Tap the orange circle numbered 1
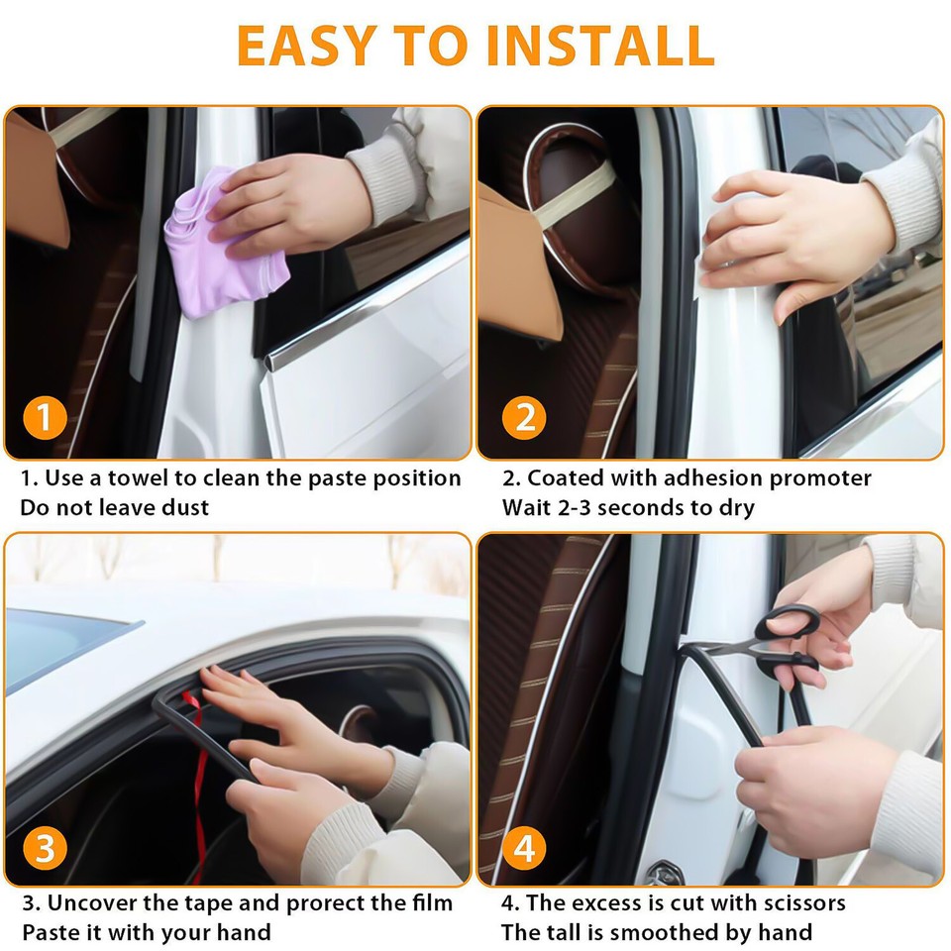pos(46,418)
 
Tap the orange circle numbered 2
pos(523,418)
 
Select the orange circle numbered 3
pos(46,848)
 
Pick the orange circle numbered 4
pos(523,848)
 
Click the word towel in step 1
pos(139,478)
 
